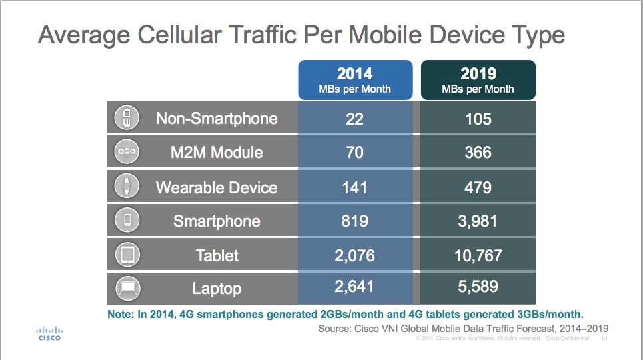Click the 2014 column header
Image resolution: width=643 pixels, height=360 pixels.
[354, 80]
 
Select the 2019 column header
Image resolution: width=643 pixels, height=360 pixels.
[478, 80]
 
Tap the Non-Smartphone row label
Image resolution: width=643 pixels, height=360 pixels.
[217, 119]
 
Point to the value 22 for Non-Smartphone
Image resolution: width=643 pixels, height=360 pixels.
[354, 119]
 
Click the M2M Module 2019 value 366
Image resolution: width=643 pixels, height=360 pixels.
[478, 153]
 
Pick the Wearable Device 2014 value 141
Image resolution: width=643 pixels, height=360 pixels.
[354, 187]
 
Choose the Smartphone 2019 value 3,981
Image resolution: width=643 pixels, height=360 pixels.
[478, 221]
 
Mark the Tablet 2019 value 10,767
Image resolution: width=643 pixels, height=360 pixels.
[478, 255]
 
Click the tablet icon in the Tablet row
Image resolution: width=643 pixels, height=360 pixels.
[127, 255]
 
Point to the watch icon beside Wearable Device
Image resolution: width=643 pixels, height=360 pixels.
[127, 187]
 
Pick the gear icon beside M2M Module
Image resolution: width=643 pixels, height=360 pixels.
[127, 153]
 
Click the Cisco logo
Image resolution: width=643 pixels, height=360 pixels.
[48, 333]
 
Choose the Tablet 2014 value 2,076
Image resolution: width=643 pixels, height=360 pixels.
[354, 255]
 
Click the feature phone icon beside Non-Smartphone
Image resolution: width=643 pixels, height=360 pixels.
[127, 119]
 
